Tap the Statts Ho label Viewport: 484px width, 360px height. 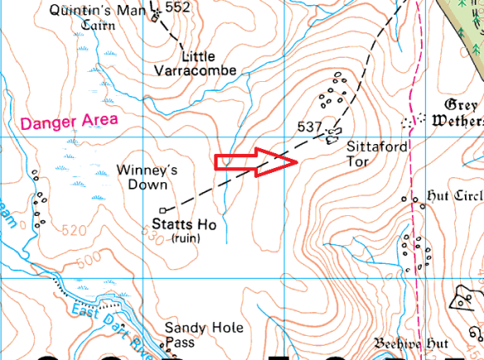click(x=184, y=225)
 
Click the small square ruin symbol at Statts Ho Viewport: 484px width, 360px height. click(x=162, y=209)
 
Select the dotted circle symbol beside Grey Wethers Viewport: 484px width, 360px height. click(x=406, y=122)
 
